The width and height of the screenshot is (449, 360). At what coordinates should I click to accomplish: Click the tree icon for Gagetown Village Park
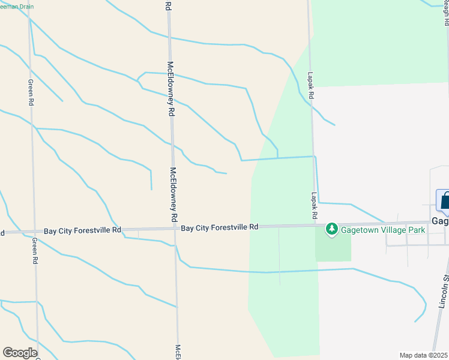331,229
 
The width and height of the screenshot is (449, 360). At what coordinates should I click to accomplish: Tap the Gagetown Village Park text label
383,229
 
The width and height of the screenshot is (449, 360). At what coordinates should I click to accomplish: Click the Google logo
20,353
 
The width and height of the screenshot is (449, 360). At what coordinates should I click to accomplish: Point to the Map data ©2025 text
423,355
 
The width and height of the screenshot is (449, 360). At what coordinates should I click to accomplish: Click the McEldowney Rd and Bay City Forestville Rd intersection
174,229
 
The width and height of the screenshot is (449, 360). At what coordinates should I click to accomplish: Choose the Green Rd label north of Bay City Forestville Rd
30,92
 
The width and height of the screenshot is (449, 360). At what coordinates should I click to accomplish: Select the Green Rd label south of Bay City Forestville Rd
35,251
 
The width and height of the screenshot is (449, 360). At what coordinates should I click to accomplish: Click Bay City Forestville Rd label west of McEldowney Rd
83,230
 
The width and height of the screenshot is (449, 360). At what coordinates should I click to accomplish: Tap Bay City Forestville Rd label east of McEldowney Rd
219,228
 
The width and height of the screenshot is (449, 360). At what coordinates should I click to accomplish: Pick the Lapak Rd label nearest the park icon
313,205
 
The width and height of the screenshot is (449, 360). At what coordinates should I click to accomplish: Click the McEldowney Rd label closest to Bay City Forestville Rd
173,193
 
